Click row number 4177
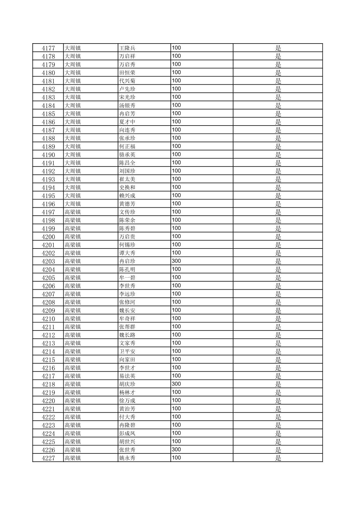coord(48,48)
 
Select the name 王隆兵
coord(127,48)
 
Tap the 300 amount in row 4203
coord(176,261)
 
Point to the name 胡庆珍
coord(127,384)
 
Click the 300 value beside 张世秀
coord(176,450)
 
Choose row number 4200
coord(48,237)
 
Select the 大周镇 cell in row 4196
coord(73,204)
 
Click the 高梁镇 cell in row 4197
coord(73,212)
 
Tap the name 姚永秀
coord(127,458)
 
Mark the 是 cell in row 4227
coord(278,458)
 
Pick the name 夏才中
coord(127,122)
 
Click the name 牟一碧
coord(127,278)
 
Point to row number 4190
coord(48,155)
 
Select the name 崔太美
coord(127,179)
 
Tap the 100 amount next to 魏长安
coord(176,310)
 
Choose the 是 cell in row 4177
coord(278,48)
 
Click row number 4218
coord(48,384)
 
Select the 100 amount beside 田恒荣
coord(176,73)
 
